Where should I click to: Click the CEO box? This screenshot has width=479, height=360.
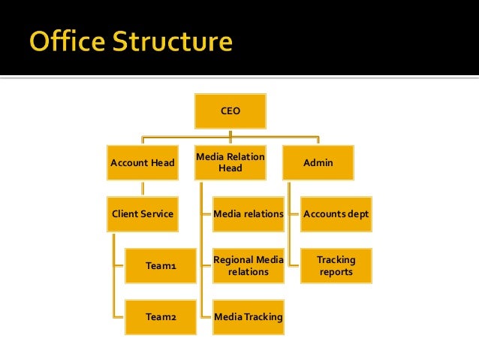coord(230,110)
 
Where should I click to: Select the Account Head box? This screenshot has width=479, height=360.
coord(143,162)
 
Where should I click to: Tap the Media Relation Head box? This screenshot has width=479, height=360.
coord(230,162)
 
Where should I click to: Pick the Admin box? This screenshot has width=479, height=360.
coord(318,162)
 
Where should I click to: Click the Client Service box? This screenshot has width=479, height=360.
coord(143,214)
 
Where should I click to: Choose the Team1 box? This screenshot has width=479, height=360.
coord(161,265)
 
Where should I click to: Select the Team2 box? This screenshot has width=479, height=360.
coord(161,317)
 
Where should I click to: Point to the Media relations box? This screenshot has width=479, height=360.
coord(249,214)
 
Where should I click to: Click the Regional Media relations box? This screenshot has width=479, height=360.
coord(249,265)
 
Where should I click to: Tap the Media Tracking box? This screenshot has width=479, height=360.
coord(249,317)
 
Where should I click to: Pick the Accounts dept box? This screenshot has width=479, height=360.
coord(336,214)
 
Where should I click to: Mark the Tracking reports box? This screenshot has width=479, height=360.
coord(336,265)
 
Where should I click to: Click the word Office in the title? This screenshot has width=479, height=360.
coord(68,41)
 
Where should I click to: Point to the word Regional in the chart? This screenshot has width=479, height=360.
coord(233,260)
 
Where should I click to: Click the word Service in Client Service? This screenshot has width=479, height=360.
coord(158,214)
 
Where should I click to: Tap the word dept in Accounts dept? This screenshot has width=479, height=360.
coord(357,214)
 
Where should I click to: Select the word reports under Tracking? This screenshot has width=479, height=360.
coord(336,272)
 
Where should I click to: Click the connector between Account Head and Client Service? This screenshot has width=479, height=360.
coord(143,189)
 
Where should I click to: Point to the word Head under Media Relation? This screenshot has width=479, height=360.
coord(230,168)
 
